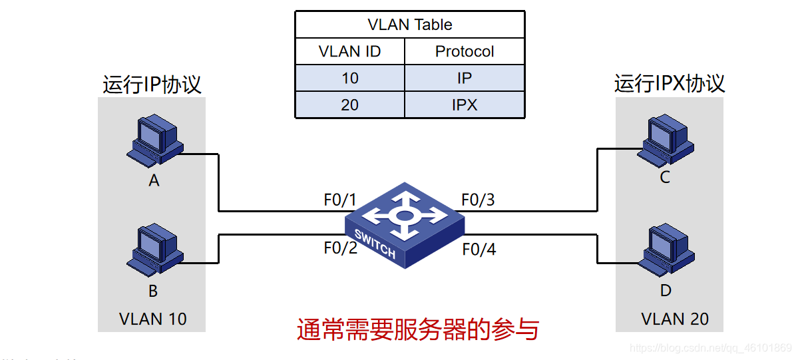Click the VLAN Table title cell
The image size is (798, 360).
[409, 25]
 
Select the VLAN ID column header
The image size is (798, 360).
[349, 51]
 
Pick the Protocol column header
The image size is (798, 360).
[464, 51]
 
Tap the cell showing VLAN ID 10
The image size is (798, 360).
[349, 78]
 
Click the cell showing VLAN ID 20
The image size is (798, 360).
[349, 104]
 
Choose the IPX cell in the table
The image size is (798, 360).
[464, 104]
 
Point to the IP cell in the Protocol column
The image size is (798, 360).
[464, 78]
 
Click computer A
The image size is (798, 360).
[154, 140]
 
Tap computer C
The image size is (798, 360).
[665, 138]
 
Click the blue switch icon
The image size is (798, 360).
[404, 223]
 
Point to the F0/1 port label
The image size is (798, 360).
[340, 200]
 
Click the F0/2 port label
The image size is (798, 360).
[340, 248]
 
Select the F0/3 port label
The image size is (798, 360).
[478, 200]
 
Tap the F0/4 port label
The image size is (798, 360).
[479, 250]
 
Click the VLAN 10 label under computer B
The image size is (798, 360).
[152, 319]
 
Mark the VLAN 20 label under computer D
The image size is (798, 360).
[675, 319]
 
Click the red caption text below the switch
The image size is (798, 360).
[417, 329]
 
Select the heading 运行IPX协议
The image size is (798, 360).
[669, 84]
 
